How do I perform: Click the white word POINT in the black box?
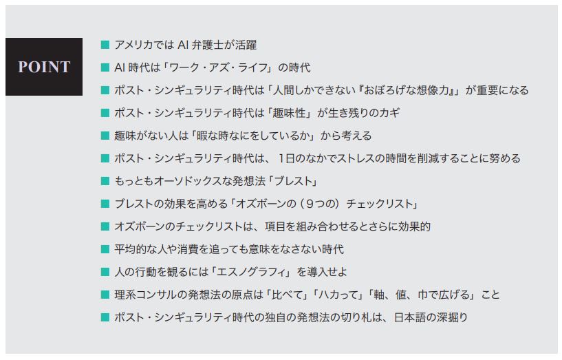[x=44, y=67]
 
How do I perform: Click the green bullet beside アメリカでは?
[x=105, y=45]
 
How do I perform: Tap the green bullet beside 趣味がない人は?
[x=105, y=136]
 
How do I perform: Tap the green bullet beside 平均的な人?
[x=105, y=249]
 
